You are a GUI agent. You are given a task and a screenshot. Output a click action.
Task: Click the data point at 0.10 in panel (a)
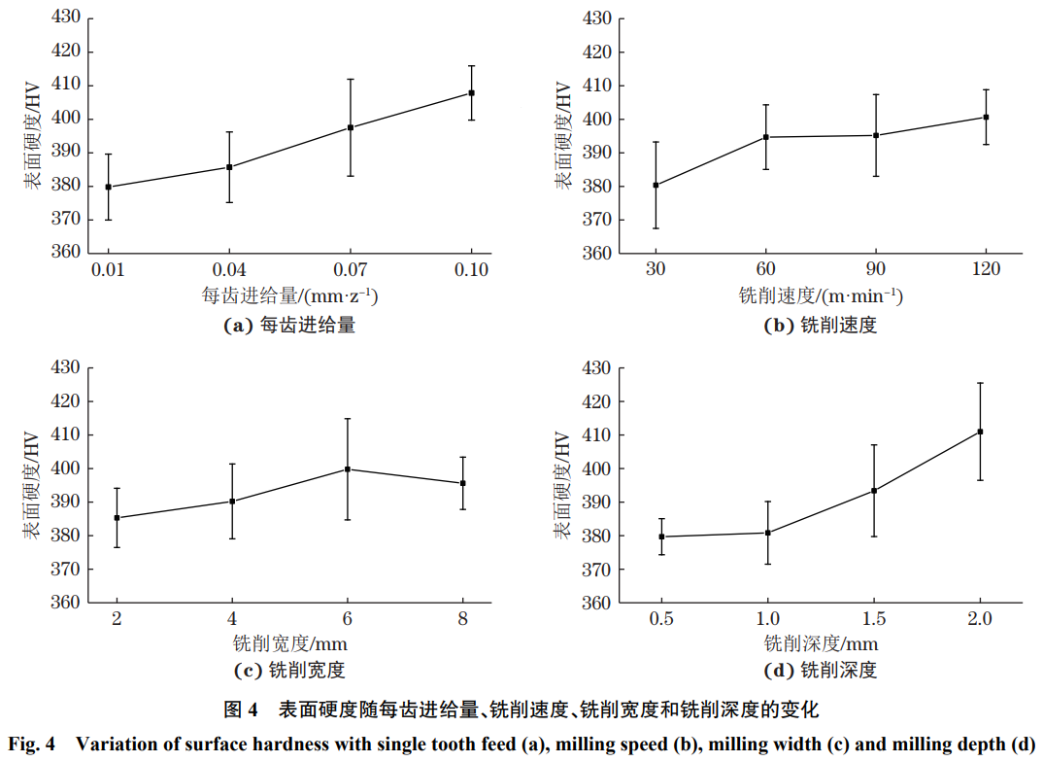pyautogui.click(x=471, y=93)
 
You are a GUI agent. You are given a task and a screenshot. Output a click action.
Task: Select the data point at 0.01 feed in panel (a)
pyautogui.click(x=108, y=187)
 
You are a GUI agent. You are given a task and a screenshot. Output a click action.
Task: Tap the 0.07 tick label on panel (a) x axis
pyautogui.click(x=350, y=269)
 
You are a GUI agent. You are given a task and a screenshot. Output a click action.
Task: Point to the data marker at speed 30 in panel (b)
pyautogui.click(x=656, y=185)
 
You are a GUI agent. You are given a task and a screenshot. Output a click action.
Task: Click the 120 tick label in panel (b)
pyautogui.click(x=986, y=269)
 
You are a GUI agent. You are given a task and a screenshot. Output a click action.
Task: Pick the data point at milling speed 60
pyautogui.click(x=766, y=137)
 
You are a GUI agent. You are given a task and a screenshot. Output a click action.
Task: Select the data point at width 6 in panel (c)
pyautogui.click(x=348, y=469)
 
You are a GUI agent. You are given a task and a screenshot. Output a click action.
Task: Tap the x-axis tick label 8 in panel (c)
pyautogui.click(x=462, y=619)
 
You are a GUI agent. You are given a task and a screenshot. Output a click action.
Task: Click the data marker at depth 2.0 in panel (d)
pyautogui.click(x=980, y=432)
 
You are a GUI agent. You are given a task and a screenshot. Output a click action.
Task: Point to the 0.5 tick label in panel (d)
pyautogui.click(x=661, y=619)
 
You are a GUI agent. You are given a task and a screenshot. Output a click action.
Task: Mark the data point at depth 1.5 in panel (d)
pyautogui.click(x=874, y=491)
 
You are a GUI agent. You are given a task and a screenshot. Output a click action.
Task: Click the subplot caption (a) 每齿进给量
pyautogui.click(x=289, y=326)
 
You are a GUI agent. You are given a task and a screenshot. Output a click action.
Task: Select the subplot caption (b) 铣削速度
pyautogui.click(x=821, y=326)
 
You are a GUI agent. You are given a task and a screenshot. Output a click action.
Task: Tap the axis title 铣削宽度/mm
pyautogui.click(x=290, y=643)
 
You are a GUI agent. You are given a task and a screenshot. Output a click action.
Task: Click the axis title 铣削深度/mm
pyautogui.click(x=821, y=643)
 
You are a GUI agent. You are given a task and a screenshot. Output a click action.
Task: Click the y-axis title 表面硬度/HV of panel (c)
pyautogui.click(x=33, y=485)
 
